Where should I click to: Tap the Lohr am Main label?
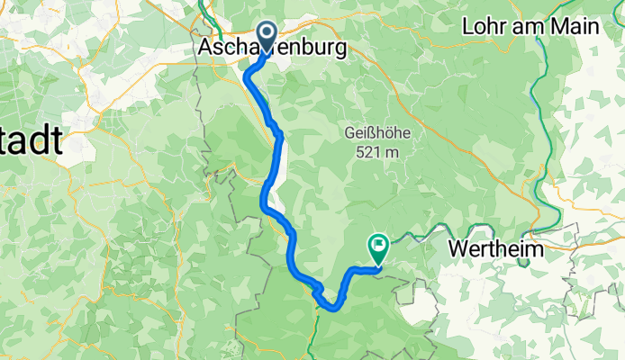tap(530, 27)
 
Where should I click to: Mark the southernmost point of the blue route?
tap(334, 307)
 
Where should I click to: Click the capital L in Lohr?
tap(468, 27)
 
